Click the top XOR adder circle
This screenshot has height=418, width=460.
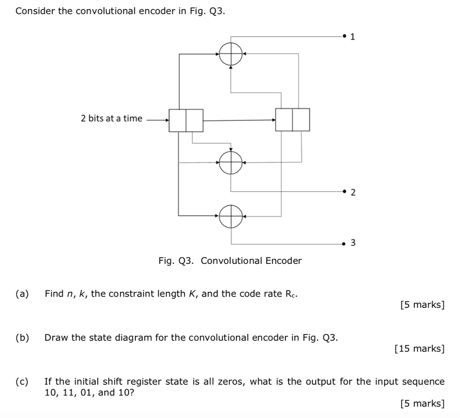point(231,55)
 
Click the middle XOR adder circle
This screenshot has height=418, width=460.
point(231,162)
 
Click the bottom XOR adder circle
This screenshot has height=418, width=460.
point(231,216)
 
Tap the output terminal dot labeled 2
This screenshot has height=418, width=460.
point(344,191)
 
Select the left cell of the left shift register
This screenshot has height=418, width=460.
point(177,120)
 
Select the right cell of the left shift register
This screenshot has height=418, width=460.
point(194,120)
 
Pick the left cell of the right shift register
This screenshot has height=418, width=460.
point(284,120)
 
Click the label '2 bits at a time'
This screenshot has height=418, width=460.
point(111,119)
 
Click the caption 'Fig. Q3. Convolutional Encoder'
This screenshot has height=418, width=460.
point(230,261)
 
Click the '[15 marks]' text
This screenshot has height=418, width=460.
point(419,348)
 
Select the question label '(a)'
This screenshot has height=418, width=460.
point(22,294)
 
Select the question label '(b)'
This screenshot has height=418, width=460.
point(22,338)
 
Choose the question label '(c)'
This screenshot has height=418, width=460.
point(22,382)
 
